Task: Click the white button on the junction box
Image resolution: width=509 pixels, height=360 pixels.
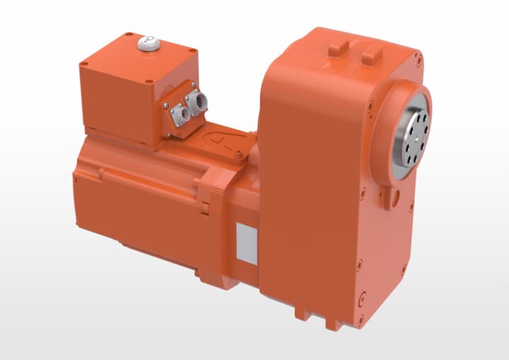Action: pyautogui.click(x=149, y=44)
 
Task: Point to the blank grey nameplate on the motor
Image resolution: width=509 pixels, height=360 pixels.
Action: pyautogui.click(x=247, y=243)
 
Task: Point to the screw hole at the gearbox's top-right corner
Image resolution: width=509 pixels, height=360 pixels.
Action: pyautogui.click(x=419, y=62)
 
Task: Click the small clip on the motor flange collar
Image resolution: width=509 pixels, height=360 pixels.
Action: pyautogui.click(x=205, y=207)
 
